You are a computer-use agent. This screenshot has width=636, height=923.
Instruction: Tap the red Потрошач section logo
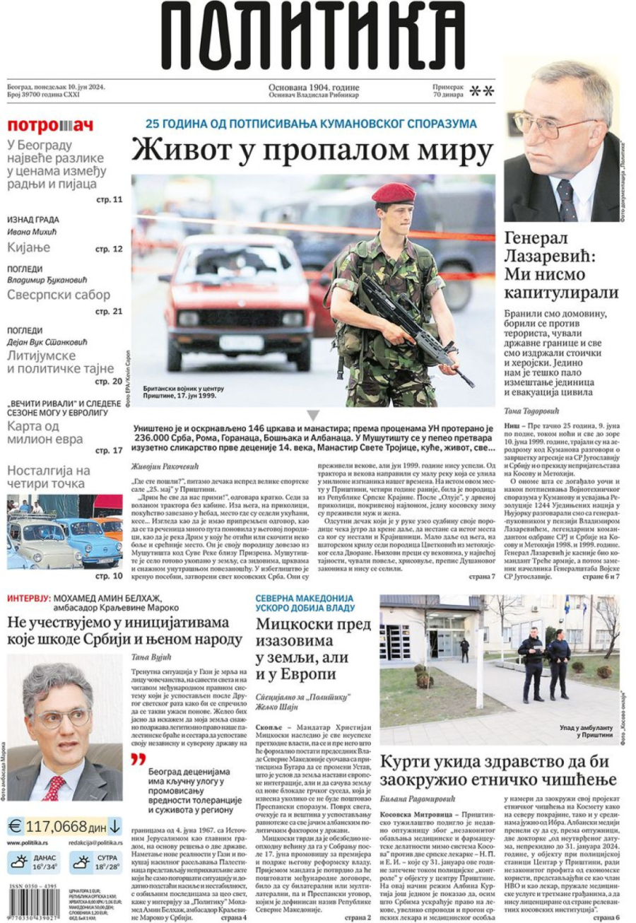49,126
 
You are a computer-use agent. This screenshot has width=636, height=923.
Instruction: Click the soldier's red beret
394,192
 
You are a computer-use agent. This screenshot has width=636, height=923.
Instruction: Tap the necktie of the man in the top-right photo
566,199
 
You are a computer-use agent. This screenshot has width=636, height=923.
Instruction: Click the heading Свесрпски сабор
59,295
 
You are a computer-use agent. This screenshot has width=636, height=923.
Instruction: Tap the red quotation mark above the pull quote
139,760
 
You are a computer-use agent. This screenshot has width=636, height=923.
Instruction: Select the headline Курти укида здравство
497,770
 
